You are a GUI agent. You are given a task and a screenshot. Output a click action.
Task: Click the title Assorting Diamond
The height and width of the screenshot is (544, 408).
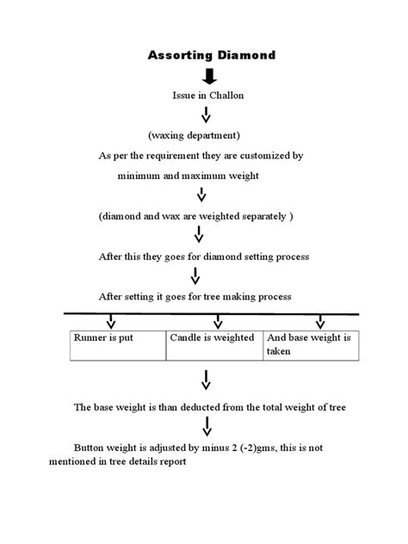point(212,55)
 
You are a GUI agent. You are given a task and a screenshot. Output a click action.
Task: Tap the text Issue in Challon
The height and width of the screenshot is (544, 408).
point(208,95)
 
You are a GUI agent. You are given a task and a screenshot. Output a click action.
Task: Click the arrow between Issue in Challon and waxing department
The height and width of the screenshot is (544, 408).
point(204,115)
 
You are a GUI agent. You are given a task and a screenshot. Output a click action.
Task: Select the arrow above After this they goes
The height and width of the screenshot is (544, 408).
point(199,235)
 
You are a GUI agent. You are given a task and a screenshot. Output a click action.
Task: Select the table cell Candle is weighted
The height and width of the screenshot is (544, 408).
point(213,337)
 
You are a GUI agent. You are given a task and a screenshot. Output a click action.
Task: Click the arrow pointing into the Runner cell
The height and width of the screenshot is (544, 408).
point(110,322)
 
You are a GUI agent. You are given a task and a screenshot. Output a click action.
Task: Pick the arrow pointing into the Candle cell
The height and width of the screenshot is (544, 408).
point(218,322)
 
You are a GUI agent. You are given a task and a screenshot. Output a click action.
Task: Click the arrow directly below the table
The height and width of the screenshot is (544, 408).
point(207,379)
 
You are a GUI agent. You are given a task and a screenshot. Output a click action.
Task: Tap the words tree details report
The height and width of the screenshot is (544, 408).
point(153,461)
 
